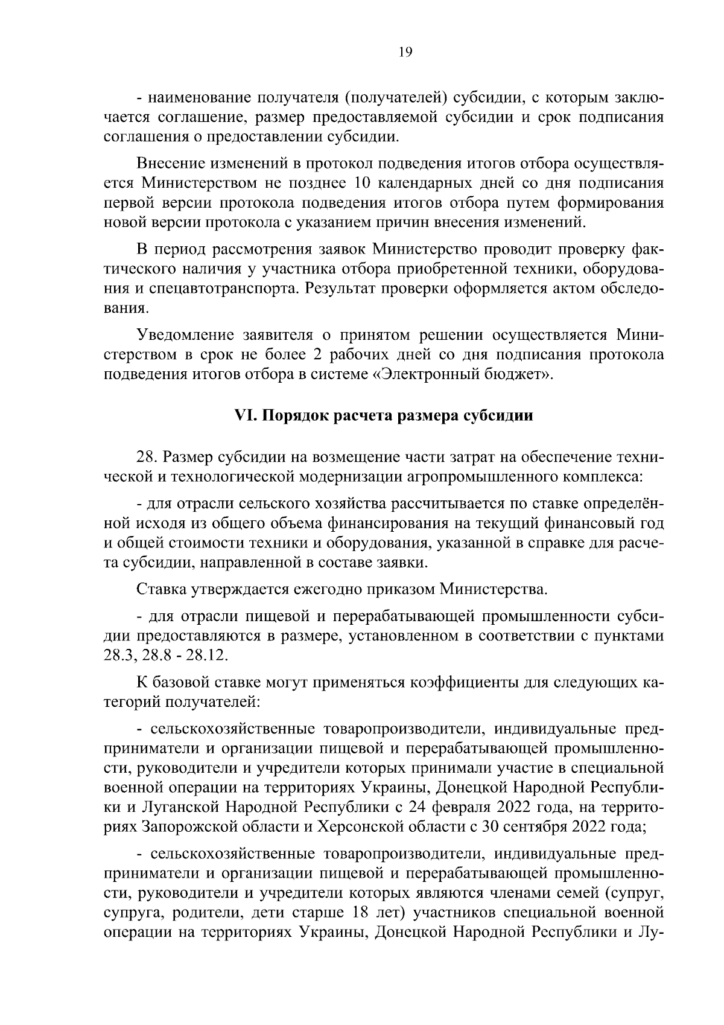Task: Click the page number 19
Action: point(405,53)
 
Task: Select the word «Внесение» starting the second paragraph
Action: point(171,164)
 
